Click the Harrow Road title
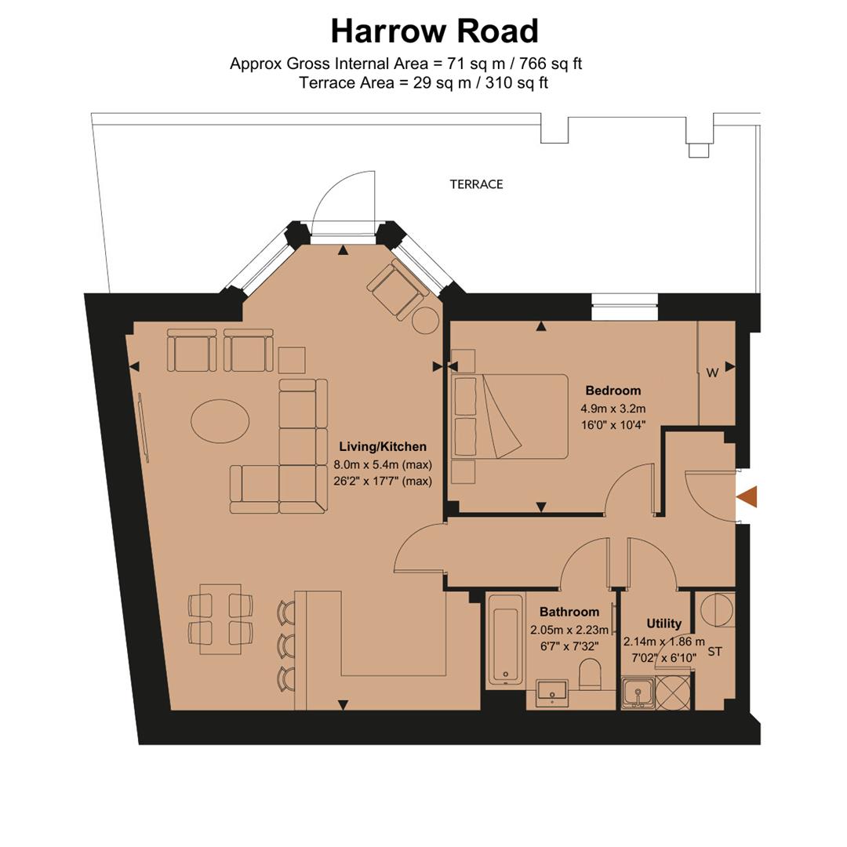(434, 31)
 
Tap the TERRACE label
(476, 184)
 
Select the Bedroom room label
(613, 391)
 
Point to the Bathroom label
(569, 612)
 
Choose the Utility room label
(663, 623)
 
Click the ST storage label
(714, 652)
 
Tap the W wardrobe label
(712, 373)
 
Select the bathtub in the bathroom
(504, 640)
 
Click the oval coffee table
(220, 421)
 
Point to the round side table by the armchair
(426, 320)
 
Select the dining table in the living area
(220, 619)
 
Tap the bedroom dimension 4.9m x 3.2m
(613, 409)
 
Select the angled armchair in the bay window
(397, 287)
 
